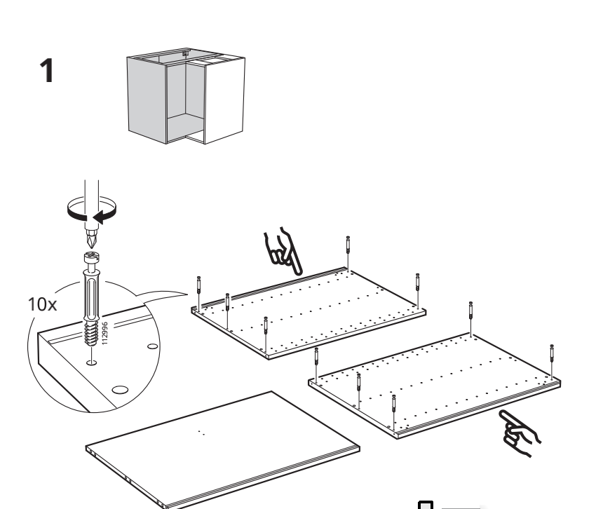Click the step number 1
(x=47, y=71)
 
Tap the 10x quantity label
(x=42, y=304)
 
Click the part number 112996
(x=104, y=333)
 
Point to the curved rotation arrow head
(x=100, y=217)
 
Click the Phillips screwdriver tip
(x=91, y=239)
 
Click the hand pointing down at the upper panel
(x=283, y=252)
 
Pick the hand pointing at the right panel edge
(x=520, y=433)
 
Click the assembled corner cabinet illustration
(x=186, y=96)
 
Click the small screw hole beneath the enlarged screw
(x=92, y=362)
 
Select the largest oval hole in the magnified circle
(x=120, y=391)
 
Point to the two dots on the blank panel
(x=201, y=433)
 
